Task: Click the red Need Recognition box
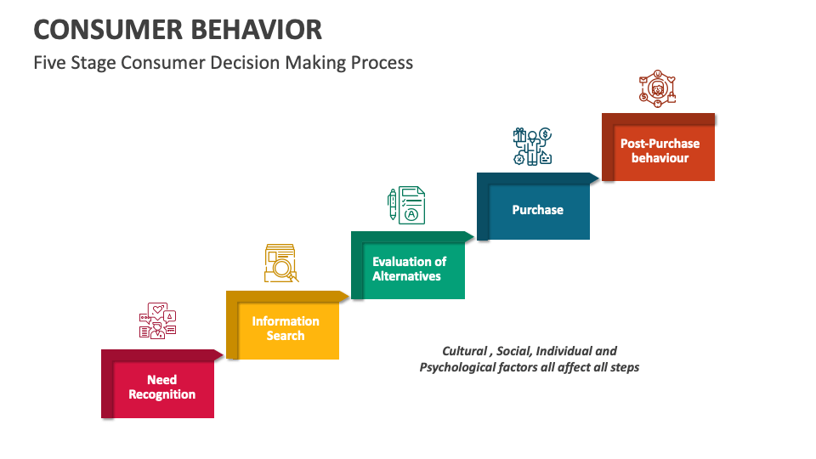tap(161, 388)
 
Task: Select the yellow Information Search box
tap(286, 328)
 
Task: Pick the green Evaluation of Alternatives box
tap(409, 269)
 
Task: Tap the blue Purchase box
tap(537, 210)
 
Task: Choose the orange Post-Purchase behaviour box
tap(660, 151)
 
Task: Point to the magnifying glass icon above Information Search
tap(281, 263)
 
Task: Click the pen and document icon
tap(406, 204)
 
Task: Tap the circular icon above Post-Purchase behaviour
tap(657, 88)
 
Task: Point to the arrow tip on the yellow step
tap(344, 296)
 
